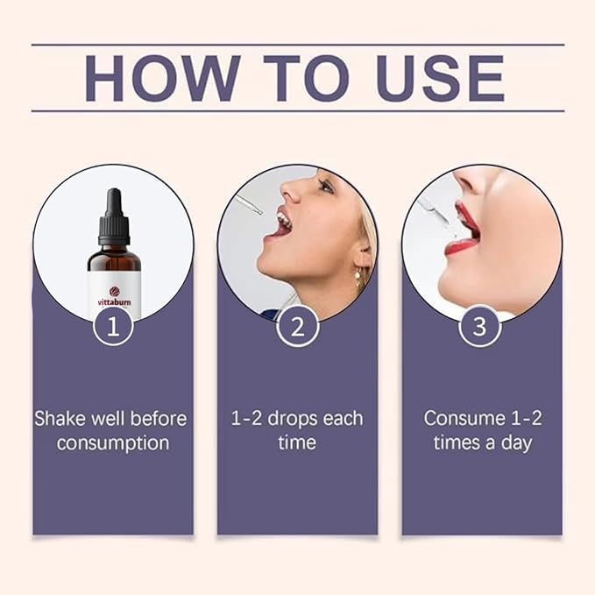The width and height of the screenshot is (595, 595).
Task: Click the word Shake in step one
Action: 59,418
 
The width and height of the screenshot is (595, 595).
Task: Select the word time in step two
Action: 297,443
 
